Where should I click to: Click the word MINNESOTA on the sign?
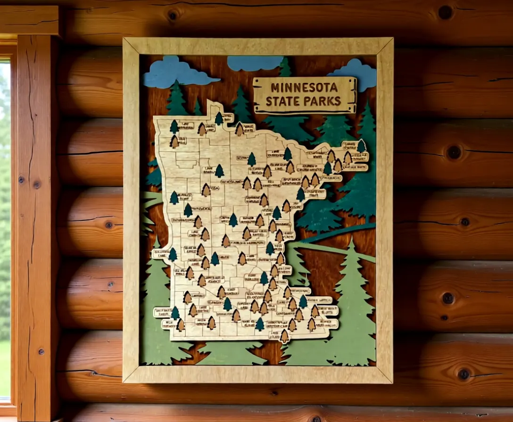click(304, 88)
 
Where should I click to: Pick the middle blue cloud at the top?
click(254, 63)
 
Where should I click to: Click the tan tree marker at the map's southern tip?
click(284, 335)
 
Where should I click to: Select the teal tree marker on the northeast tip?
click(362, 146)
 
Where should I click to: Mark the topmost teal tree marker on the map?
click(219, 118)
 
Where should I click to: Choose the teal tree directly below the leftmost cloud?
click(177, 99)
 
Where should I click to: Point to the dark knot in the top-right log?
click(445, 12)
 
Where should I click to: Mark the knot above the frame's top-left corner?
click(173, 15)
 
